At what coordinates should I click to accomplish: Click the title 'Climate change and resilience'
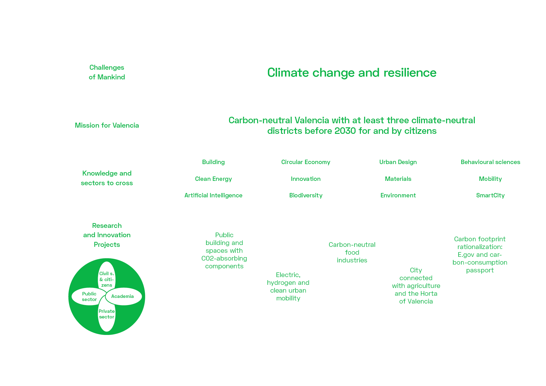[x=352, y=73]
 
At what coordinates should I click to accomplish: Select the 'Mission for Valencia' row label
[x=107, y=125]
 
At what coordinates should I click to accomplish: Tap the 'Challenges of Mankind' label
[x=107, y=72]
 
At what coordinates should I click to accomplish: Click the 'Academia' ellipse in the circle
[x=124, y=296]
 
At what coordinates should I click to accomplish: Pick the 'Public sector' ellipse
[x=89, y=296]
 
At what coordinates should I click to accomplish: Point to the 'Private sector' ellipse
[x=107, y=314]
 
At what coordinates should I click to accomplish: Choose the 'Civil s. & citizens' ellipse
[x=107, y=279]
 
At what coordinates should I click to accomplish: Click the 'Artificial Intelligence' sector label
[x=213, y=195]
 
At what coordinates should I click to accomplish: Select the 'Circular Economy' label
[x=306, y=162]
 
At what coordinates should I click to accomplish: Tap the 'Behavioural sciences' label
[x=490, y=162]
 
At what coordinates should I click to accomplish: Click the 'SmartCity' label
[x=490, y=195]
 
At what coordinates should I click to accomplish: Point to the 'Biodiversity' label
[x=306, y=195]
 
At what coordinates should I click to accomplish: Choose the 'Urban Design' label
[x=398, y=162]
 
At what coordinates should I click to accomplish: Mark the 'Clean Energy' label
[x=213, y=179]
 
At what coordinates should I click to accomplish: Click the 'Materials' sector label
[x=398, y=179]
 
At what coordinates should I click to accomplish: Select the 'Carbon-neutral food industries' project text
[x=352, y=252]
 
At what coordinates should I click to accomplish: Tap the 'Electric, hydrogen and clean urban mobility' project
[x=288, y=286]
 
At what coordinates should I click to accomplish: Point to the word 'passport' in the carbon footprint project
[x=480, y=270]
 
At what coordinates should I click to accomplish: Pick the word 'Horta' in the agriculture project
[x=428, y=294]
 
